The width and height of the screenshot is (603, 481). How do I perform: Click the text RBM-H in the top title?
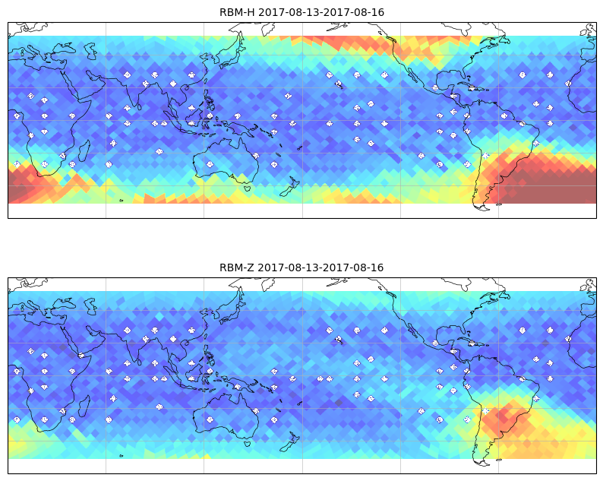[236, 12]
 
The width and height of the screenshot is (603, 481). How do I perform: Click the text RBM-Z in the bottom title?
[236, 267]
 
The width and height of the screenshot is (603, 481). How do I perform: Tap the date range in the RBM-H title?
[321, 12]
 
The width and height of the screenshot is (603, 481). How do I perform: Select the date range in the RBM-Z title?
[320, 267]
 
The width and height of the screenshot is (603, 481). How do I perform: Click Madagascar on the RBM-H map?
[84, 150]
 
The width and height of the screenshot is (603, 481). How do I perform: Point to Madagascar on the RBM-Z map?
[84, 406]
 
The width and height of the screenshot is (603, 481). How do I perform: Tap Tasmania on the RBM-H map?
[248, 188]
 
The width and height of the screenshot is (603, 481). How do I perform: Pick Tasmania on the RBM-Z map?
[248, 443]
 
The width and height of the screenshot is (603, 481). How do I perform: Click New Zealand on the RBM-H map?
[290, 186]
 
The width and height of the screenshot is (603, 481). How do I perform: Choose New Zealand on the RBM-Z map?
[290, 441]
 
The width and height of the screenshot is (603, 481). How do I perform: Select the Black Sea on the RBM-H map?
[65, 49]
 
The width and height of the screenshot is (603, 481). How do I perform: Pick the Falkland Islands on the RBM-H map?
[499, 204]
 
